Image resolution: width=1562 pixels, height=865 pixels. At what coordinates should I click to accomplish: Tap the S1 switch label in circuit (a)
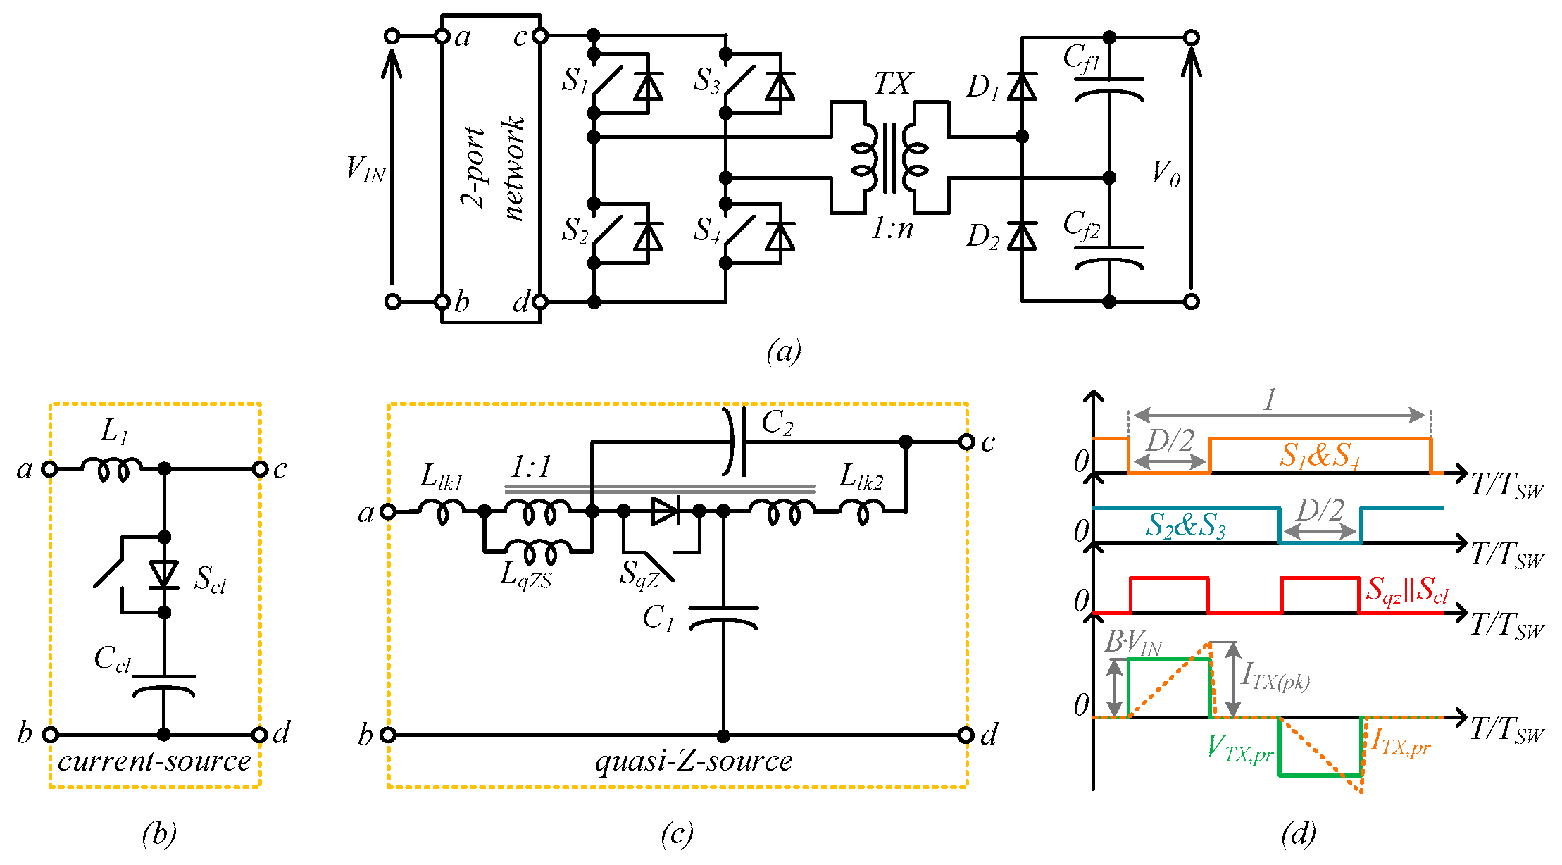point(575,80)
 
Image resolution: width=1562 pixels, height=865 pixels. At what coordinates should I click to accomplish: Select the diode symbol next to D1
point(1022,87)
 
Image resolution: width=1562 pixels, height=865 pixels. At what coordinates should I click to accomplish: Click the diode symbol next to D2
point(1022,236)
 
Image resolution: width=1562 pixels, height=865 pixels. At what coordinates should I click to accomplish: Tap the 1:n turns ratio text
point(892,228)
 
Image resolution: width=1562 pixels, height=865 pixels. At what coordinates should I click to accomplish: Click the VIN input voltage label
point(365,170)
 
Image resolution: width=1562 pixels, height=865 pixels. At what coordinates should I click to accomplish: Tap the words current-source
point(154,761)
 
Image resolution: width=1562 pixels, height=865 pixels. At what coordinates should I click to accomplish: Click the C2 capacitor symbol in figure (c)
point(735,442)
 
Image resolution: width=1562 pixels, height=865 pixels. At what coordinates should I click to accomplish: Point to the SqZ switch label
point(639,575)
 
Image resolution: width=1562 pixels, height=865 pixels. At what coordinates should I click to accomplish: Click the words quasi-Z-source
point(694,761)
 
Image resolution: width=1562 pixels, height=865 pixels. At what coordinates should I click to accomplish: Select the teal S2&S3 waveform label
point(1186,525)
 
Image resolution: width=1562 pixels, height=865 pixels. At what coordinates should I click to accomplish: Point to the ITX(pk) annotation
point(1275,677)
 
